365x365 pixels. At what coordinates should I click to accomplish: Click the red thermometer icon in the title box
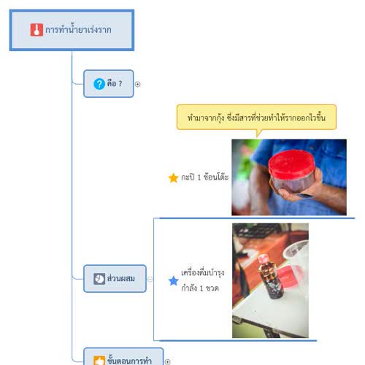(x=36, y=30)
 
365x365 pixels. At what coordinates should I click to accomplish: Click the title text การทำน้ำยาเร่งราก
(x=78, y=30)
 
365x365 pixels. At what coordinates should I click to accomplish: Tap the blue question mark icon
(x=99, y=84)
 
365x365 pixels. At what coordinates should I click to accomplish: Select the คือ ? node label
(x=115, y=83)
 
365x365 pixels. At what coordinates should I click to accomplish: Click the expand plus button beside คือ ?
(x=138, y=84)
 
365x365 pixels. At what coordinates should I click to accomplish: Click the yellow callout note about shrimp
(x=256, y=118)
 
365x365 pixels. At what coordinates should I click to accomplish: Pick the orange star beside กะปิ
(x=174, y=177)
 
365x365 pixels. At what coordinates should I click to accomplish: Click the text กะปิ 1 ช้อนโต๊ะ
(x=205, y=177)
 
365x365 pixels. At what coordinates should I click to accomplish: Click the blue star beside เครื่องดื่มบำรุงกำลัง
(x=174, y=281)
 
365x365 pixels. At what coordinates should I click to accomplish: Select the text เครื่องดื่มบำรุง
(x=203, y=273)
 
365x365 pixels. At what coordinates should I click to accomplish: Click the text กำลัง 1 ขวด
(x=200, y=288)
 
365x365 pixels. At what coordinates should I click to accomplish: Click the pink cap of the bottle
(x=263, y=259)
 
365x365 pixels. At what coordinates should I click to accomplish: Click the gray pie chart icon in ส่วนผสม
(x=99, y=279)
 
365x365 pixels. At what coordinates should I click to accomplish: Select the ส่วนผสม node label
(x=121, y=278)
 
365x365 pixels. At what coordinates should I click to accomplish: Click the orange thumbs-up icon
(x=99, y=361)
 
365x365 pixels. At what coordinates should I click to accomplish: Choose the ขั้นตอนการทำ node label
(x=129, y=360)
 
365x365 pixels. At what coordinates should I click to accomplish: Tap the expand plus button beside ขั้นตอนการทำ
(x=167, y=362)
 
